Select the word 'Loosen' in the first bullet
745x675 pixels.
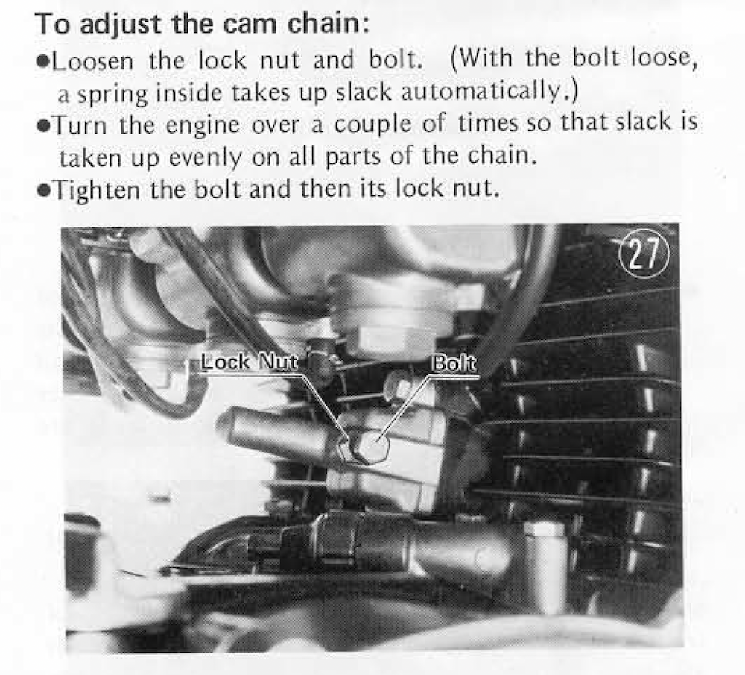click(x=92, y=61)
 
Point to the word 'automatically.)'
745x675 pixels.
click(x=490, y=91)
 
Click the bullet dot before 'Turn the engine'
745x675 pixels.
click(x=43, y=127)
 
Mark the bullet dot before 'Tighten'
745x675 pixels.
click(x=43, y=191)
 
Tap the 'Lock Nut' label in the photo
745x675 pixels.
click(x=249, y=362)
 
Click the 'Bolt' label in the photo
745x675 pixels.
click(x=453, y=364)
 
